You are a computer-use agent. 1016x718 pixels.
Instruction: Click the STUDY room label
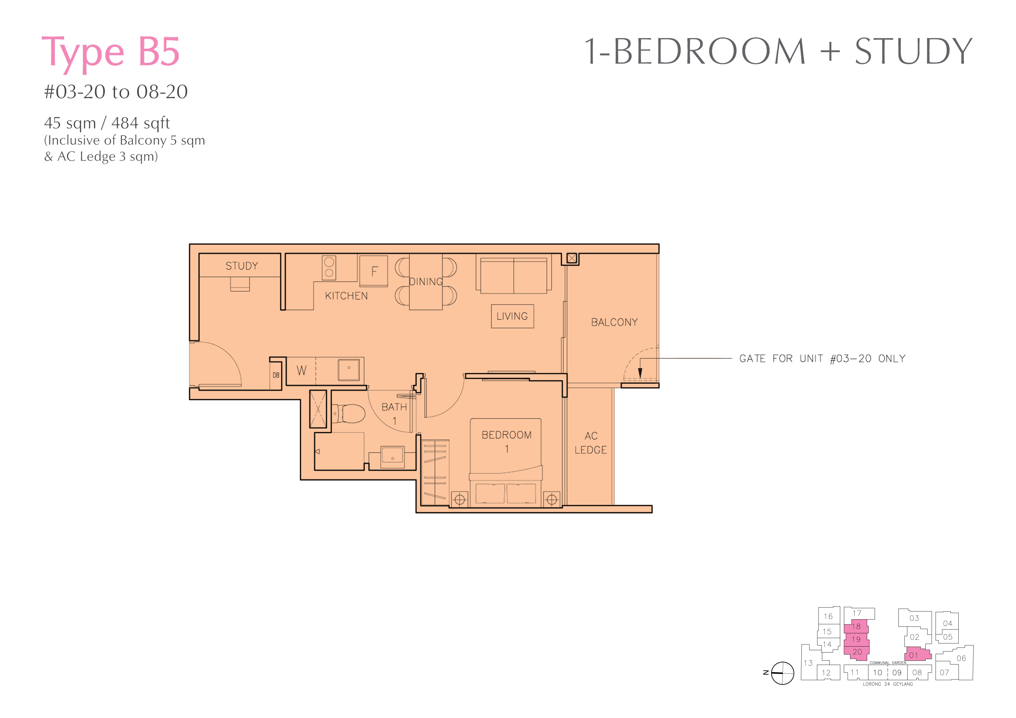coord(242,266)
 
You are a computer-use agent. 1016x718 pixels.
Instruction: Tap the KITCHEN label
coord(346,296)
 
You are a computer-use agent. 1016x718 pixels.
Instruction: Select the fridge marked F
coord(374,271)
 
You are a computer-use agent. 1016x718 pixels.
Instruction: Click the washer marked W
coord(301,371)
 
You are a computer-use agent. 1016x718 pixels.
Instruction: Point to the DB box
coord(276,376)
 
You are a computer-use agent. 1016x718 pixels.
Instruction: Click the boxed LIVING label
coord(512,316)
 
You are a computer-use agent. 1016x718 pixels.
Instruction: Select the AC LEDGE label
coord(591,443)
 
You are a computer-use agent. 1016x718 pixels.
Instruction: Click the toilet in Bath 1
coord(349,414)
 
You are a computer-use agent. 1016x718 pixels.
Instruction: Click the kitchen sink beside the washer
coord(349,370)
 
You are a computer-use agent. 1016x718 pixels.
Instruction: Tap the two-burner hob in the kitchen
coord(329,268)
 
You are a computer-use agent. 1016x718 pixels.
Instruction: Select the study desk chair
coord(240,284)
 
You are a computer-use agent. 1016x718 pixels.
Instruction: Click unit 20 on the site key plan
coord(857,652)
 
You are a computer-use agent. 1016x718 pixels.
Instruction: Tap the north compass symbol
coord(782,673)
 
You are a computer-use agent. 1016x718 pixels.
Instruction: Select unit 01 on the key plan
coord(918,655)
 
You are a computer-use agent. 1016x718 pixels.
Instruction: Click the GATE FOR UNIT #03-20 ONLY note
coord(823,358)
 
